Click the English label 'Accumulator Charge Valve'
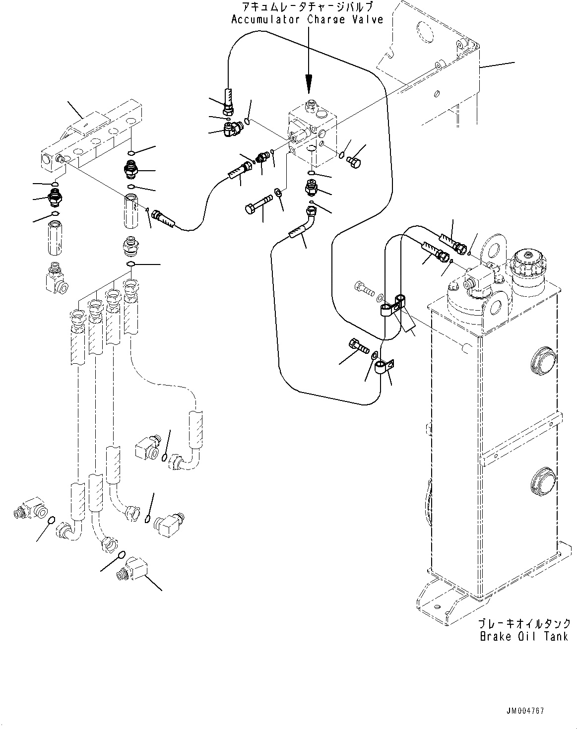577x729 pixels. [x=308, y=20]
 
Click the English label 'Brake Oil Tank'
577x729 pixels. [x=523, y=636]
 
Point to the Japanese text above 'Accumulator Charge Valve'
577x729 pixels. [x=308, y=7]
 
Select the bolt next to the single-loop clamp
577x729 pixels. [x=359, y=346]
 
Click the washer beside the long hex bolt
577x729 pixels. [x=278, y=192]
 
